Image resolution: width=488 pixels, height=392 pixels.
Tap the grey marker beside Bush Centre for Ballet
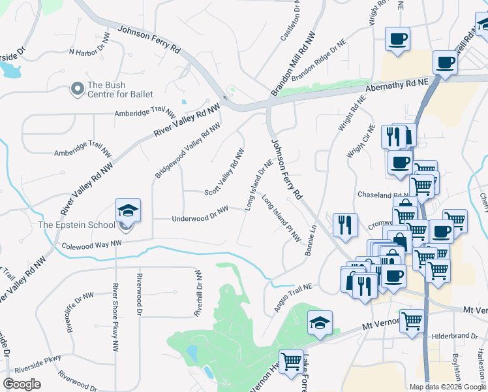tap(78, 88)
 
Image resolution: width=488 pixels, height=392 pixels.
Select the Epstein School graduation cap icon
tap(128, 210)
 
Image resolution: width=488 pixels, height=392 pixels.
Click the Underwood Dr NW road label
tap(200, 216)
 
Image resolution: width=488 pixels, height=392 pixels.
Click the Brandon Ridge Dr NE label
tap(318, 61)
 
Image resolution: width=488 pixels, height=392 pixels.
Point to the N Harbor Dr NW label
tap(91, 52)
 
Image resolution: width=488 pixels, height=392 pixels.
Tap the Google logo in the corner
tap(22, 384)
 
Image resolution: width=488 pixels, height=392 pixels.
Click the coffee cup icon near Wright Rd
tap(397, 39)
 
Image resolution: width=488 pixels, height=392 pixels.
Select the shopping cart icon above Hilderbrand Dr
tap(412, 321)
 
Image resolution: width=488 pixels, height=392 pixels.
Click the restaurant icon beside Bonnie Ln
tap(345, 224)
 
